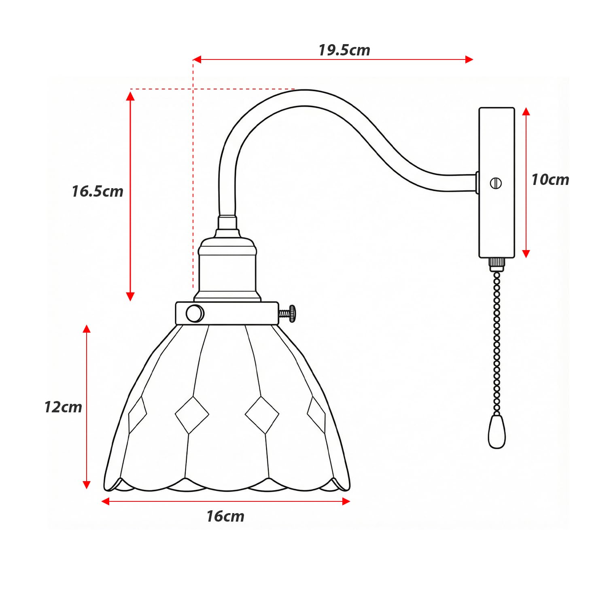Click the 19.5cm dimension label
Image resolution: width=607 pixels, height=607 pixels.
click(x=344, y=50)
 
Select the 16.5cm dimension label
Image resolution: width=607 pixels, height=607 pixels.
click(x=98, y=191)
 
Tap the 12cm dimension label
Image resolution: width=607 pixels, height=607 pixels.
click(x=63, y=407)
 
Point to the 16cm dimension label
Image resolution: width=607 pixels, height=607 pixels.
click(x=225, y=516)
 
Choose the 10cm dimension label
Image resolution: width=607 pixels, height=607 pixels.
click(x=550, y=180)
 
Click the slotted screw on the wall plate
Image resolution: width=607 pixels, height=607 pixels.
click(x=496, y=183)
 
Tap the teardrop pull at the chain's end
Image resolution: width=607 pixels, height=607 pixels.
click(x=497, y=431)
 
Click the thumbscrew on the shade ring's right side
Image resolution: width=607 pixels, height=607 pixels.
click(x=288, y=314)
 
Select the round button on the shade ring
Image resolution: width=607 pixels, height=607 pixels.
click(x=195, y=314)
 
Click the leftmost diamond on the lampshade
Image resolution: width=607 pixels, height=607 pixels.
click(x=138, y=414)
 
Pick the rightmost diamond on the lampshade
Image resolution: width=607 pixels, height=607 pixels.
click(x=316, y=415)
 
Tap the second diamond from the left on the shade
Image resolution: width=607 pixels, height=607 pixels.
click(x=192, y=415)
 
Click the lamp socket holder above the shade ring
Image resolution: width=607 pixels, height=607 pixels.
click(x=227, y=269)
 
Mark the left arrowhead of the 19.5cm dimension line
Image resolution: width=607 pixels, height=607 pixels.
click(x=197, y=59)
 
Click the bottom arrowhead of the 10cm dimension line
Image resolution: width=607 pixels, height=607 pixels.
click(x=526, y=254)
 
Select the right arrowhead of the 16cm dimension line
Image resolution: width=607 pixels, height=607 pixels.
click(x=346, y=501)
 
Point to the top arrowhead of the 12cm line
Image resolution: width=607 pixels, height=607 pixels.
click(x=87, y=329)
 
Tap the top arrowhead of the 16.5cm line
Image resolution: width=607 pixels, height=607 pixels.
click(x=130, y=96)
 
